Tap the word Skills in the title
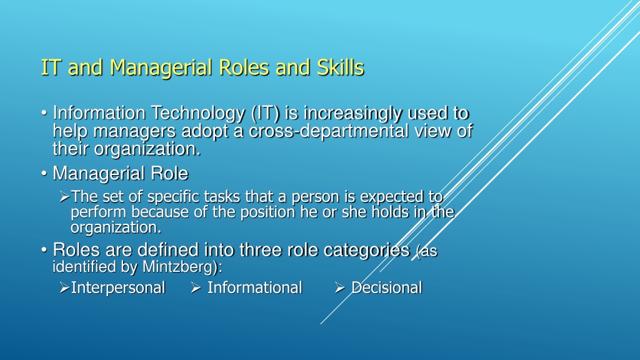pyautogui.click(x=341, y=67)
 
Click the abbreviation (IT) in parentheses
pyautogui.click(x=265, y=114)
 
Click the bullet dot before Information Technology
pyautogui.click(x=44, y=112)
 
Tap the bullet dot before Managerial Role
pyautogui.click(x=44, y=174)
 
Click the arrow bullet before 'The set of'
pyautogui.click(x=64, y=197)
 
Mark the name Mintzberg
pyautogui.click(x=178, y=267)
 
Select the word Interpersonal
pyautogui.click(x=118, y=287)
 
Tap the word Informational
pyautogui.click(x=255, y=287)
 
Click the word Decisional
pyautogui.click(x=386, y=287)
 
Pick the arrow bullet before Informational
pyautogui.click(x=196, y=287)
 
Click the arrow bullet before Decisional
pyautogui.click(x=340, y=287)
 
